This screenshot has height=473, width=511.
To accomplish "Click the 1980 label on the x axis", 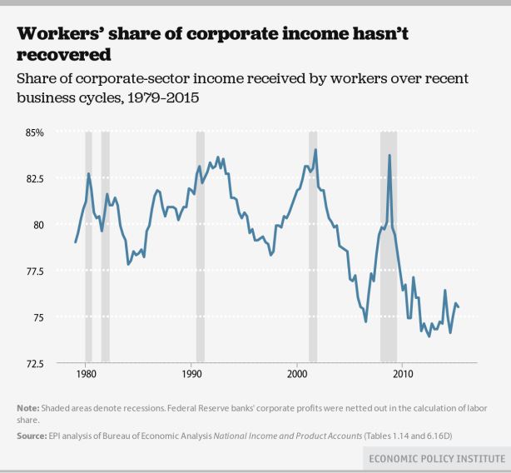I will coord(86,375).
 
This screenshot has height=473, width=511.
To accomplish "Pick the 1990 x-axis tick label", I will coord(191,375).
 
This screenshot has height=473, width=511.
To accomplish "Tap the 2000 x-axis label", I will coord(297,375).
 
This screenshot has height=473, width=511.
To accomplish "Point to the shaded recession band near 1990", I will coord(200,250).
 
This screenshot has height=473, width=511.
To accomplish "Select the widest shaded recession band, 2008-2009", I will coord(388,250).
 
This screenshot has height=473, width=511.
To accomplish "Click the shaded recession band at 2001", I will coord(313,250).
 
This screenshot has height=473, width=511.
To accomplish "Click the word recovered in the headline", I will coord(63,56).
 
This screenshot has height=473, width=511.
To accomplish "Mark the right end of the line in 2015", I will coord(459,307).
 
